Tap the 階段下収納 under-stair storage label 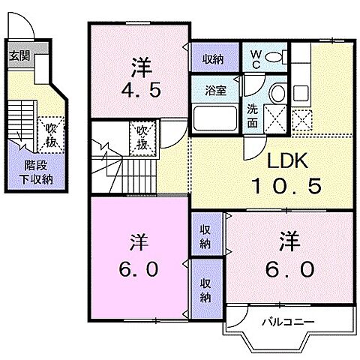[31, 174]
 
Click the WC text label [255, 57]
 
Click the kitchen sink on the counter [302, 93]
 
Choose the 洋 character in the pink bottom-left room [139, 245]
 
